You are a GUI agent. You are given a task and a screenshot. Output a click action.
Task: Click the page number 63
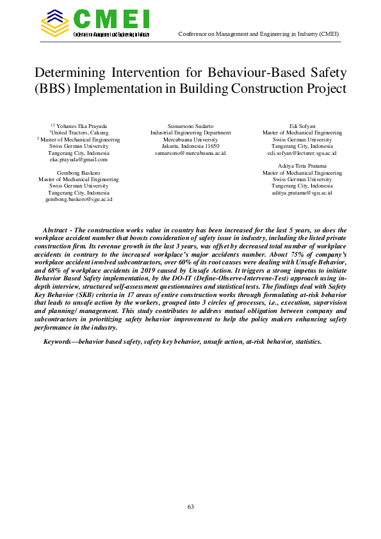pyautogui.click(x=190, y=506)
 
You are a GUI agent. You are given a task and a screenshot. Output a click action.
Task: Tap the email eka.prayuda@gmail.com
pyautogui.click(x=79, y=159)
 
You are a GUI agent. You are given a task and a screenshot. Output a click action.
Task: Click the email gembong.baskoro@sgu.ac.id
pyautogui.click(x=79, y=199)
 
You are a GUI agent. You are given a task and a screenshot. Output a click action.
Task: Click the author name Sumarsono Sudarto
pyautogui.click(x=190, y=125)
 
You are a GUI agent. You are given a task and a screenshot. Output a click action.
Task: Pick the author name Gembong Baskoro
pyautogui.click(x=79, y=173)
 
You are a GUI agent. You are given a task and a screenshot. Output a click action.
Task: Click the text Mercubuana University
pyautogui.click(x=190, y=139)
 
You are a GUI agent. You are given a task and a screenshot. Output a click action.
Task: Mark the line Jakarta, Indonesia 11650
pyautogui.click(x=190, y=146)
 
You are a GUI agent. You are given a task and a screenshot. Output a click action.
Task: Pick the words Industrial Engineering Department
pyautogui.click(x=190, y=133)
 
